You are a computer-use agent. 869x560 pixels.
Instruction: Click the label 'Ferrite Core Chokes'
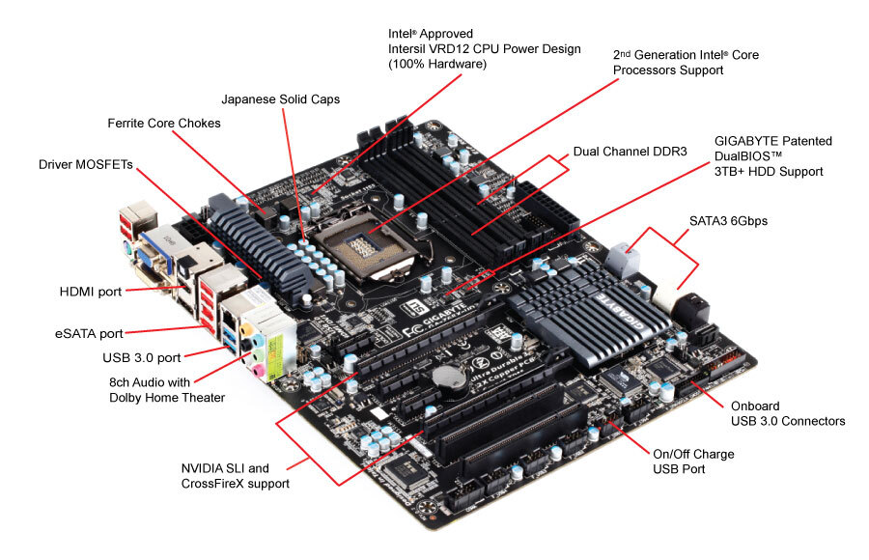[164, 123]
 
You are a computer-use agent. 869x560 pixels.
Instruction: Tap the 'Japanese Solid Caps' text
[281, 98]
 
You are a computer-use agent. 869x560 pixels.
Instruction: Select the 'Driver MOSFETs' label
[86, 164]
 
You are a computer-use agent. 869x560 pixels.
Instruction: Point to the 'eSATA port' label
[88, 333]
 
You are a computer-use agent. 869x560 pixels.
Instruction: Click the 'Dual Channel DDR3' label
[630, 152]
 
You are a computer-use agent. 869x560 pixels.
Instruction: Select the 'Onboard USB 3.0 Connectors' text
[787, 413]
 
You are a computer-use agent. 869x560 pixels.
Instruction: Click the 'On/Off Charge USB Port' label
[693, 461]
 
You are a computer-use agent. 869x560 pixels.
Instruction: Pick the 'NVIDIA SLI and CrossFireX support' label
[235, 475]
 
